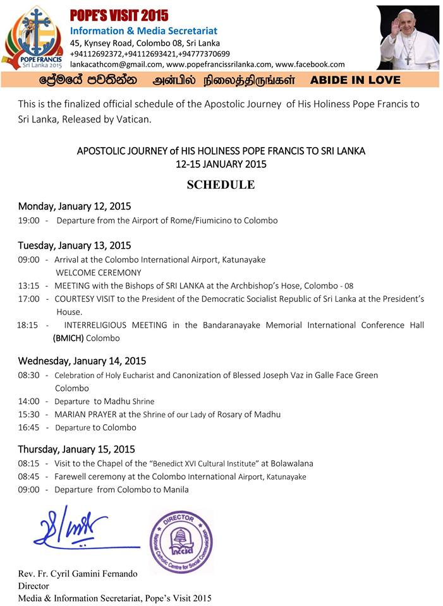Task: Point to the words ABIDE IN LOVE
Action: click(356, 80)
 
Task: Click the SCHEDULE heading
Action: click(221, 185)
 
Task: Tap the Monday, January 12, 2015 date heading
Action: click(75, 206)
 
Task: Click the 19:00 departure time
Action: click(29, 220)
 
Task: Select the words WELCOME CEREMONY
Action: click(96, 273)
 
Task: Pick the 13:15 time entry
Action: click(29, 286)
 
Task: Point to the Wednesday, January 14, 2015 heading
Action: click(82, 361)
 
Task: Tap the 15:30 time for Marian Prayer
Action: click(29, 414)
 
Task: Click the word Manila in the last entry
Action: click(174, 489)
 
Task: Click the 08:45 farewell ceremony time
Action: click(29, 477)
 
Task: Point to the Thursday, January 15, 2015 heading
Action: click(76, 449)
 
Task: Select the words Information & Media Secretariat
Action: click(143, 30)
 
